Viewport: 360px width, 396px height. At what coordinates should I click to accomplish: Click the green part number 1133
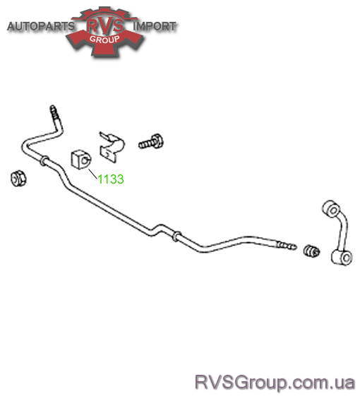pos(111,179)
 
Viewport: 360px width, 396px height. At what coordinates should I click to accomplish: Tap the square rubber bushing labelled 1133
pos(81,160)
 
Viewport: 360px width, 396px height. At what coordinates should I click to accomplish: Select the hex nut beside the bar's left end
pos(18,179)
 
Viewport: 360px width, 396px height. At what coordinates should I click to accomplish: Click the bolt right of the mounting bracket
pos(151,142)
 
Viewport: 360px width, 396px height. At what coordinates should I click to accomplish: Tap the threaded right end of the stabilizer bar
pos(286,246)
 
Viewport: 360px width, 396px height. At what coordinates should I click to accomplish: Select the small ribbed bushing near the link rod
pos(311,251)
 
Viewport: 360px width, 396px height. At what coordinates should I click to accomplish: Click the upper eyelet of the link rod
pos(332,209)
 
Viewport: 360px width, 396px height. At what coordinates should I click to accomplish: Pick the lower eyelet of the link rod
pos(342,258)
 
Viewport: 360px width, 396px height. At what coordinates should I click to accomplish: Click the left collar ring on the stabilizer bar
pos(44,161)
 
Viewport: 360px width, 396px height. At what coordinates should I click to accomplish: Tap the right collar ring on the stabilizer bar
pos(176,236)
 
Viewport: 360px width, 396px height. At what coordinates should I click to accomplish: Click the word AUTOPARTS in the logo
pos(41,26)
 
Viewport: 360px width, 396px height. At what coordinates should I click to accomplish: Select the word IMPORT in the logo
pos(155,26)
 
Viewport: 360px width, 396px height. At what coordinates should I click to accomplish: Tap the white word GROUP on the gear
pos(104,40)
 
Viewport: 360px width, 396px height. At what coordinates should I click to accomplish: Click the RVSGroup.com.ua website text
pos(275,383)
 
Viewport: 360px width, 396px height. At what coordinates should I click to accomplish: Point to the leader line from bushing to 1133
pos(92,174)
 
